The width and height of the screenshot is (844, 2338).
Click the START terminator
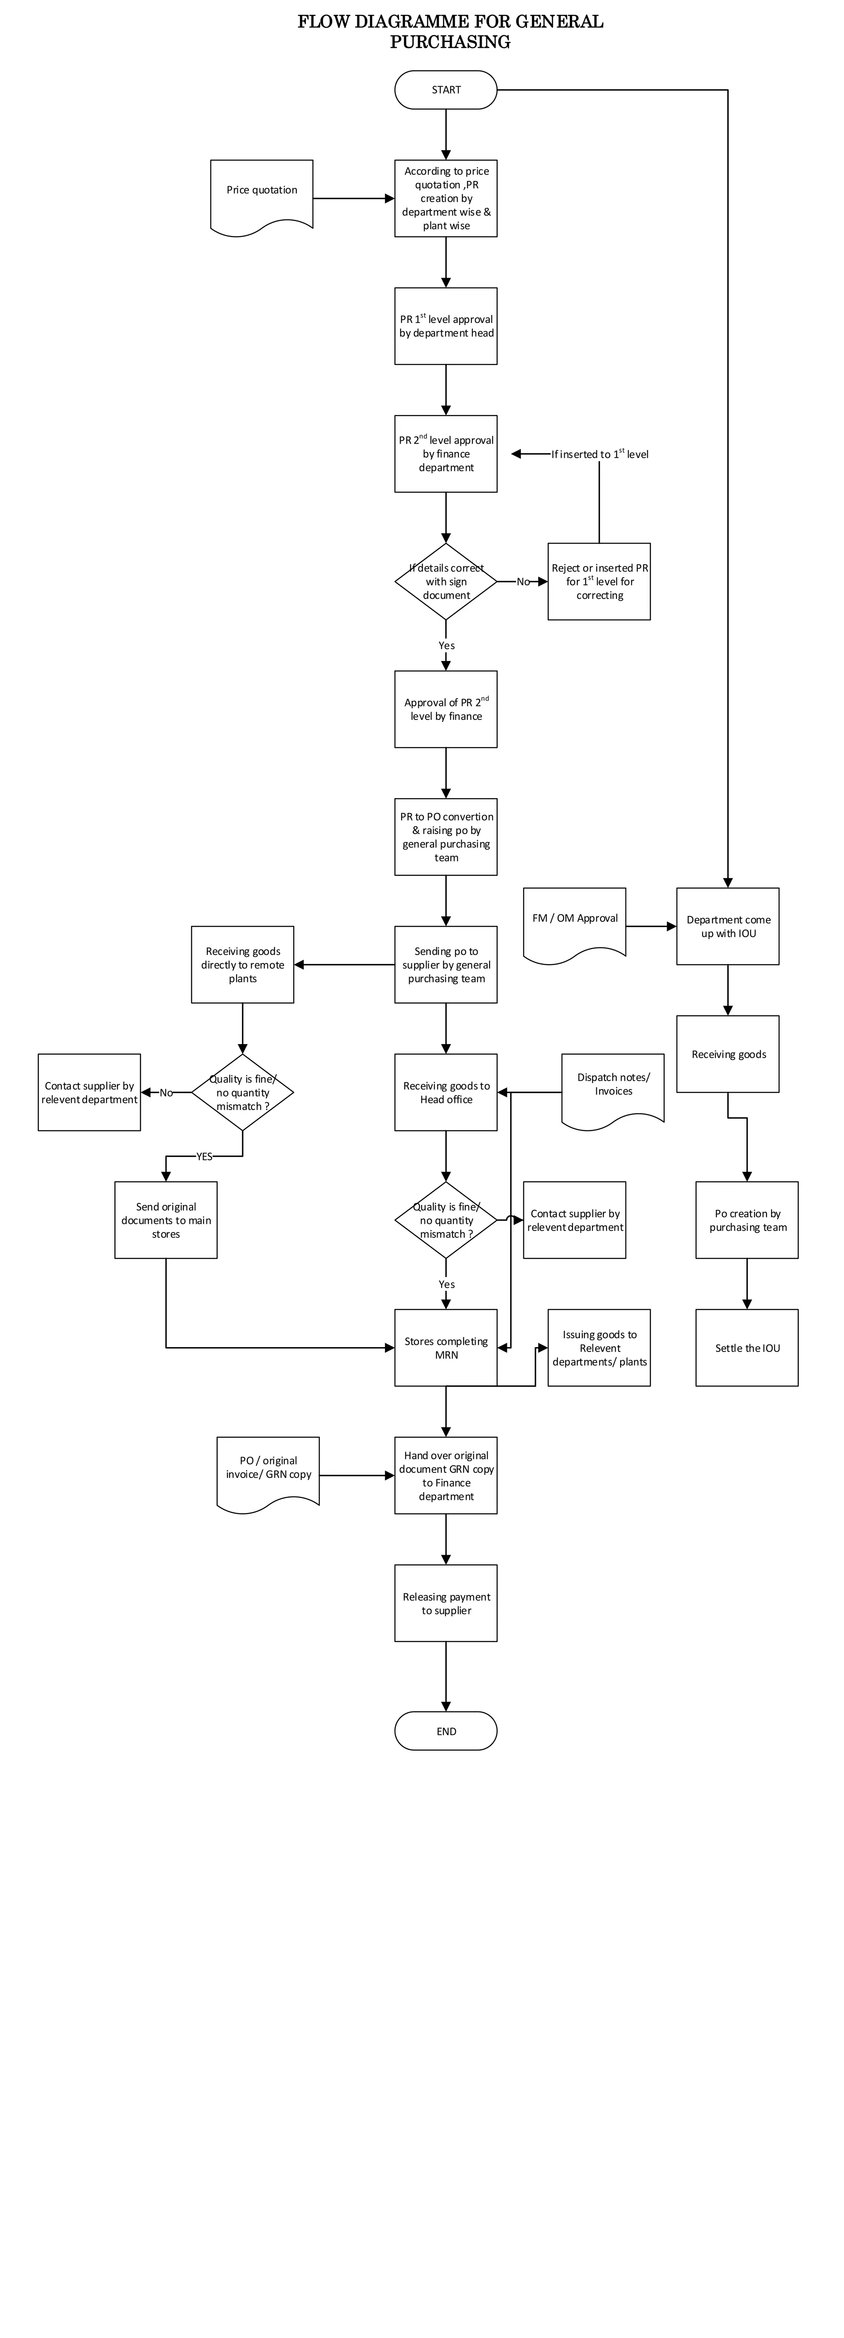tap(445, 90)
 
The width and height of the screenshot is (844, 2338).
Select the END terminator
tap(445, 1731)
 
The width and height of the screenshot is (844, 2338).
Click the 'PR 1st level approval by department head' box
tap(445, 326)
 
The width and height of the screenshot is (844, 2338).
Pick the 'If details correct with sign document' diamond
tap(445, 582)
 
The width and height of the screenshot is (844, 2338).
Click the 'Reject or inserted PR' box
tap(599, 582)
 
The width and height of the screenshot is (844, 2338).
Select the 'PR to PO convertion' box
tap(445, 837)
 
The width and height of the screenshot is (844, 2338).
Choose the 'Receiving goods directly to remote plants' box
tap(242, 965)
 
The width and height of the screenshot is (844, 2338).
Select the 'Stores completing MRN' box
tap(445, 1348)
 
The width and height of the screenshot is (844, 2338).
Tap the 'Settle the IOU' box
tap(747, 1348)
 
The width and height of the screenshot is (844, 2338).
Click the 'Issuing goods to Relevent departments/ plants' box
tap(599, 1348)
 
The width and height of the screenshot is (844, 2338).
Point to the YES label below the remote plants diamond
tap(204, 1156)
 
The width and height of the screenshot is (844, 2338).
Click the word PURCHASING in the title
tap(450, 42)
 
